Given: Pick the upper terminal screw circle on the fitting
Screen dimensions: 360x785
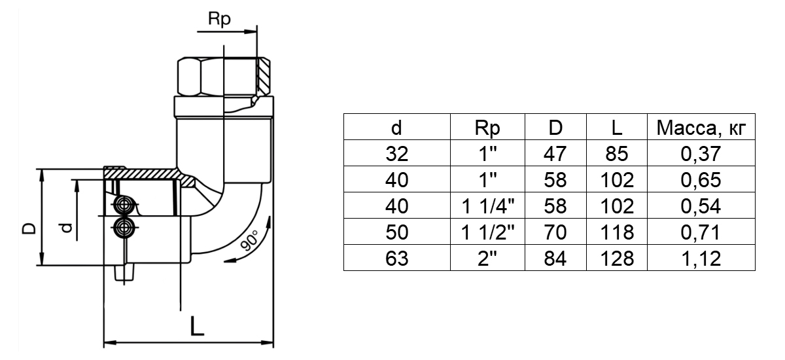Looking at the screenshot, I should [122, 205].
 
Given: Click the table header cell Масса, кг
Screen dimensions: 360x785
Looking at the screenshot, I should [701, 128].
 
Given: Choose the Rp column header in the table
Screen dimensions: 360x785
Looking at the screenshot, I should [487, 128].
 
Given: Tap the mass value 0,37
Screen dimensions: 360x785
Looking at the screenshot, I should [701, 154].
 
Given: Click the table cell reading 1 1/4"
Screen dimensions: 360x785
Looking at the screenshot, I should [487, 206].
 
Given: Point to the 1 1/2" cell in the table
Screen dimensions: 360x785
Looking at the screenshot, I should [487, 232].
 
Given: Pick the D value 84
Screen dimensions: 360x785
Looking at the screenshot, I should [555, 259].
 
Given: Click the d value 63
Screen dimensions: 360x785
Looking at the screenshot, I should [396, 259].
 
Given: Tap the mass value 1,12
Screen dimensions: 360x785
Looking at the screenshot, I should [701, 259].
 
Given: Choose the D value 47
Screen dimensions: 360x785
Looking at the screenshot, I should [555, 154].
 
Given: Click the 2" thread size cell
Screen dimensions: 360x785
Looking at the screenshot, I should [487, 259].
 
